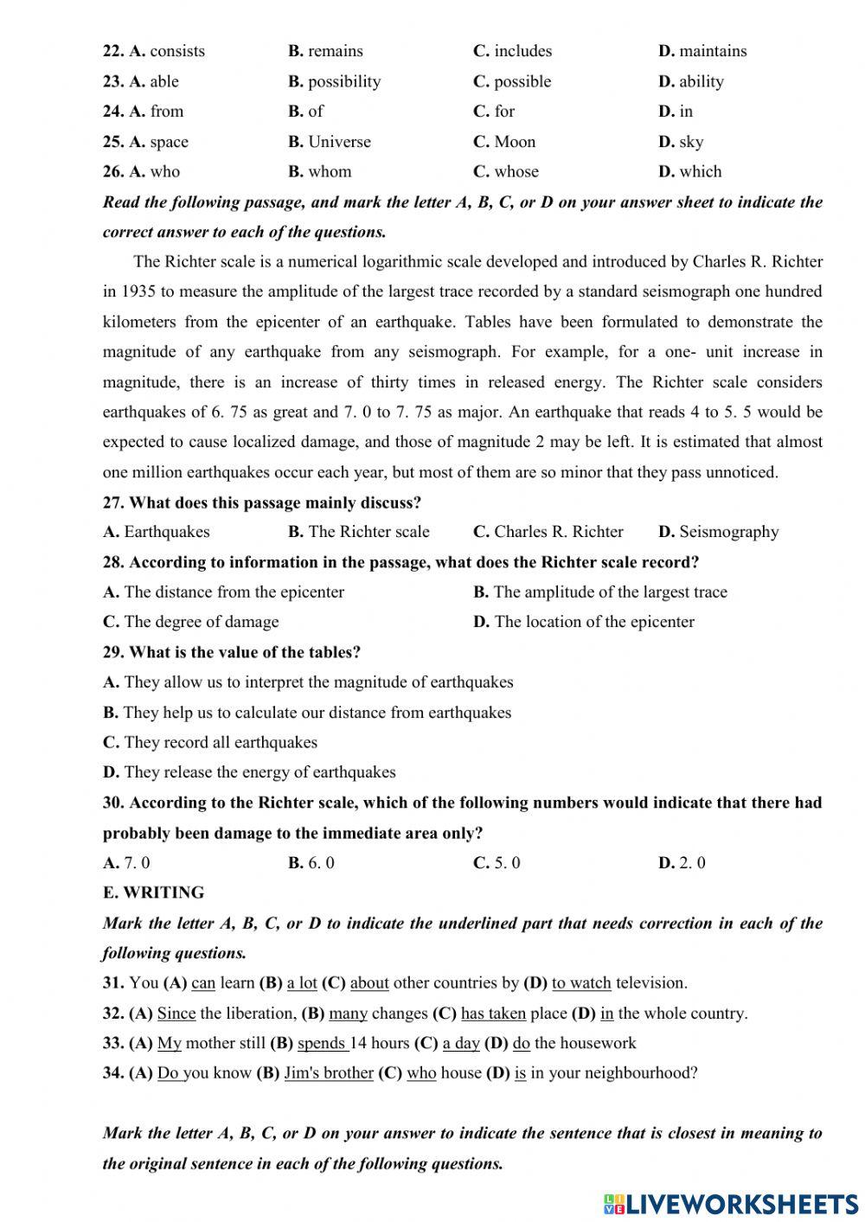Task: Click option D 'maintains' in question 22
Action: (702, 51)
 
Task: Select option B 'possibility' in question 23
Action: (335, 81)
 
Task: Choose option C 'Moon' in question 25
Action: (505, 142)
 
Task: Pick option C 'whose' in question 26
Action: (506, 171)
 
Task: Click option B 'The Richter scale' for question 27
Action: (359, 532)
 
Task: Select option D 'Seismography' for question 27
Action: (719, 532)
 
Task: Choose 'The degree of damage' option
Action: (191, 622)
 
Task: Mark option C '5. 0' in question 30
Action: (497, 862)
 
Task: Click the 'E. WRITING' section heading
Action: (154, 893)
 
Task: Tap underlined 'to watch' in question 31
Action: (581, 983)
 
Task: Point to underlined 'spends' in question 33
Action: (322, 1043)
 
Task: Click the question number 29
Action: (113, 652)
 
